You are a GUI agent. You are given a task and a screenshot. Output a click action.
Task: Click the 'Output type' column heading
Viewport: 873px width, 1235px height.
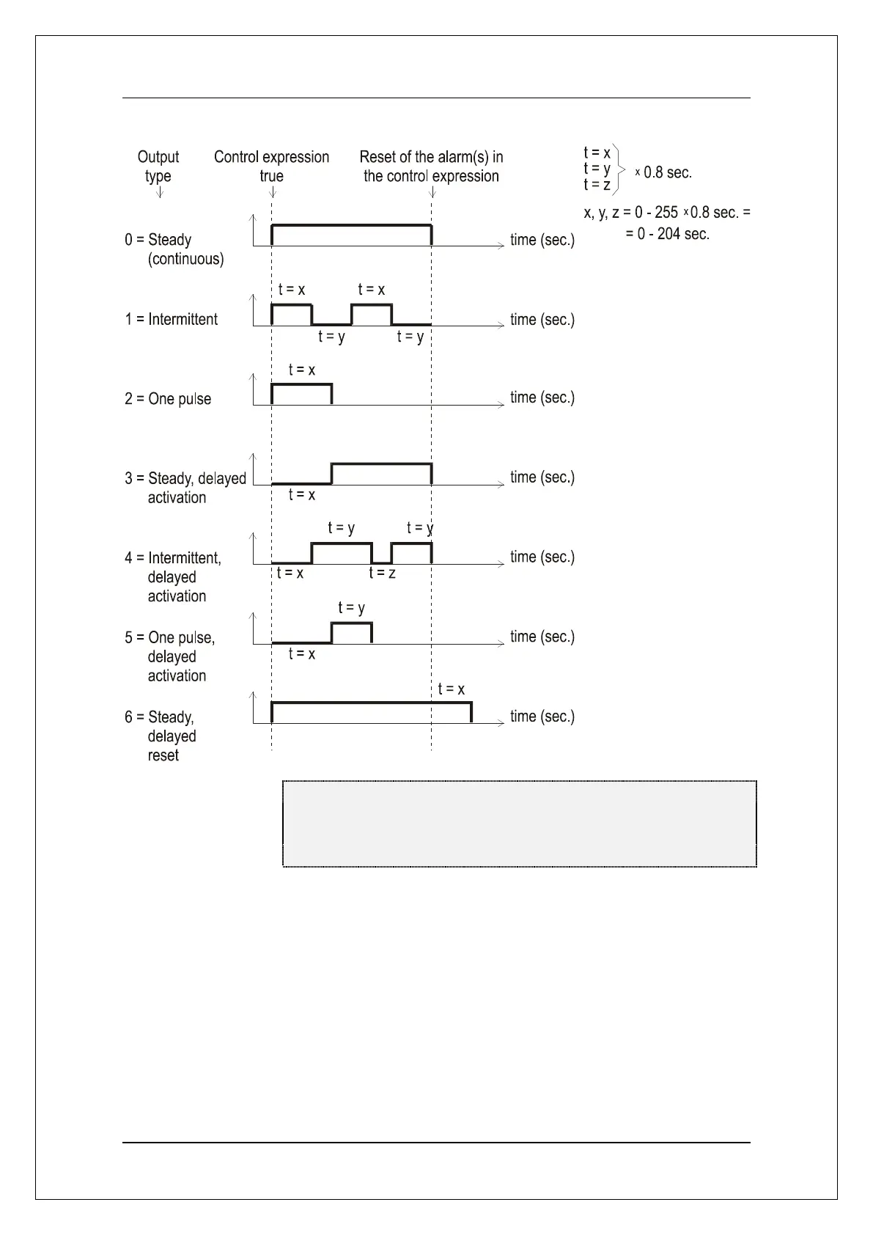[x=158, y=166]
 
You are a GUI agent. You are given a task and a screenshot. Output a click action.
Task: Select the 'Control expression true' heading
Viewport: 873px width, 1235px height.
[x=271, y=166]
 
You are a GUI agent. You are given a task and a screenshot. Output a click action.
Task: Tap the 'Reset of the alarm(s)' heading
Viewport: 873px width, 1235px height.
[x=431, y=166]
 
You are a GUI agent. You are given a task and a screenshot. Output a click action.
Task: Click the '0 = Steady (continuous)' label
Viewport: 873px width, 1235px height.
[x=174, y=249]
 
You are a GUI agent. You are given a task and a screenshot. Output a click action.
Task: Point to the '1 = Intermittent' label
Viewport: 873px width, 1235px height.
[x=171, y=320]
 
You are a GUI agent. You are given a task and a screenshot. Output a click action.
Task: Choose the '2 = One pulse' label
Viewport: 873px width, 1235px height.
[x=168, y=399]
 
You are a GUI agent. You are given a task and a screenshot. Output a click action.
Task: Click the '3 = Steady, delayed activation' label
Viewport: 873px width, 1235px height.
[x=185, y=488]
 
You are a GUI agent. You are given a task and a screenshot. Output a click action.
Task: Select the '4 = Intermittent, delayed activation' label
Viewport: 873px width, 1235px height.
[x=173, y=577]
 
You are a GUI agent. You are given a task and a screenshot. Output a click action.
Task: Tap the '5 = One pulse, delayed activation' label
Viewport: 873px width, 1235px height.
[x=170, y=656]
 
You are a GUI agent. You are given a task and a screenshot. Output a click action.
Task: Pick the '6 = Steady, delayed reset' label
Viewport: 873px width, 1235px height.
[x=160, y=736]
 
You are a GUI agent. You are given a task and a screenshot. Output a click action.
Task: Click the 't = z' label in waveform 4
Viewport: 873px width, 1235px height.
[x=382, y=573]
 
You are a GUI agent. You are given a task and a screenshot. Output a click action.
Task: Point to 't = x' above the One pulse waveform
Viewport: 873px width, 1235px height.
[x=302, y=370]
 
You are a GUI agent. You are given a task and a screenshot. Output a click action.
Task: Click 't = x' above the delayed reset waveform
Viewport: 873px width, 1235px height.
[x=451, y=689]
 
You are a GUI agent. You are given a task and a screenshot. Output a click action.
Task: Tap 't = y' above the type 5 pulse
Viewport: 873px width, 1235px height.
[x=351, y=608]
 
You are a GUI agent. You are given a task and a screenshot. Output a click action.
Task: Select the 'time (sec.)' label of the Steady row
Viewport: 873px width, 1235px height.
[x=542, y=240]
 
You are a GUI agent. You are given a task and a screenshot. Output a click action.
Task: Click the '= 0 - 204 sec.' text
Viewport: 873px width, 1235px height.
[x=667, y=235]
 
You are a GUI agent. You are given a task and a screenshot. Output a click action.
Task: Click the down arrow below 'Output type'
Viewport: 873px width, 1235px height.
[x=160, y=193]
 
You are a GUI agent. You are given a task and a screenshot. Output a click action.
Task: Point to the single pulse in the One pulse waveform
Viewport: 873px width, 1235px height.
[x=302, y=393]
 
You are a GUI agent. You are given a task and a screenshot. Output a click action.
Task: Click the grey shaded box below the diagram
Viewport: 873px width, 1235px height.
[x=519, y=824]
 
